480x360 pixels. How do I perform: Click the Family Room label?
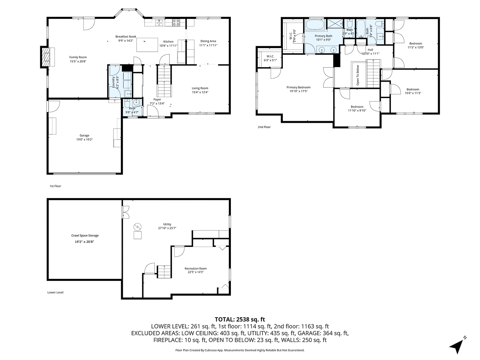tap(78, 57)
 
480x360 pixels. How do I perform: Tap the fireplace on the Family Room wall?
tap(46, 57)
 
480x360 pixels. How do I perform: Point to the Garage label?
tap(84, 136)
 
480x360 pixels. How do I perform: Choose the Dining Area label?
tap(208, 41)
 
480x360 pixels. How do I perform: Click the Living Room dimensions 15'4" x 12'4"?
tap(200, 92)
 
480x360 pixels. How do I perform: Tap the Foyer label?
tap(157, 100)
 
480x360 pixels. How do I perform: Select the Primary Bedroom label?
tap(298, 87)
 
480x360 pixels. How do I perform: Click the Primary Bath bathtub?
tap(315, 26)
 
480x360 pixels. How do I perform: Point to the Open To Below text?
tap(358, 75)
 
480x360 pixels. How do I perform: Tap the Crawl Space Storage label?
tap(85, 236)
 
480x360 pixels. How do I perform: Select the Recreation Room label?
tap(196, 268)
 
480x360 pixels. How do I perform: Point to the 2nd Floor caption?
tap(264, 127)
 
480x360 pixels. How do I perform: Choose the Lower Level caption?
tap(55, 292)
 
